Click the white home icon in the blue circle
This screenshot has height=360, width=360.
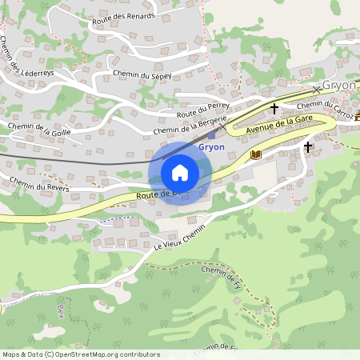pos(180,172)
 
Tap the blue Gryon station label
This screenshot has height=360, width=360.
pos(211,147)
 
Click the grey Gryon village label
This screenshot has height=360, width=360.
pos(341,86)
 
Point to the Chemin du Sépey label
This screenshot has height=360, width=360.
pos(142,74)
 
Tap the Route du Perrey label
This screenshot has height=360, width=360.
pos(204,110)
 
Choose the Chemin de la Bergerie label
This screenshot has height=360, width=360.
pos(184,126)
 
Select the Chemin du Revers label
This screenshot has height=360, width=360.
pos(40,184)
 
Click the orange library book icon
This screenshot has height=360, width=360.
pos(255,154)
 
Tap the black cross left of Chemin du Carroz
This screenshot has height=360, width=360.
pos(274,108)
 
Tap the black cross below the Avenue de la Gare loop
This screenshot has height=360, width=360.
pos(308,147)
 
